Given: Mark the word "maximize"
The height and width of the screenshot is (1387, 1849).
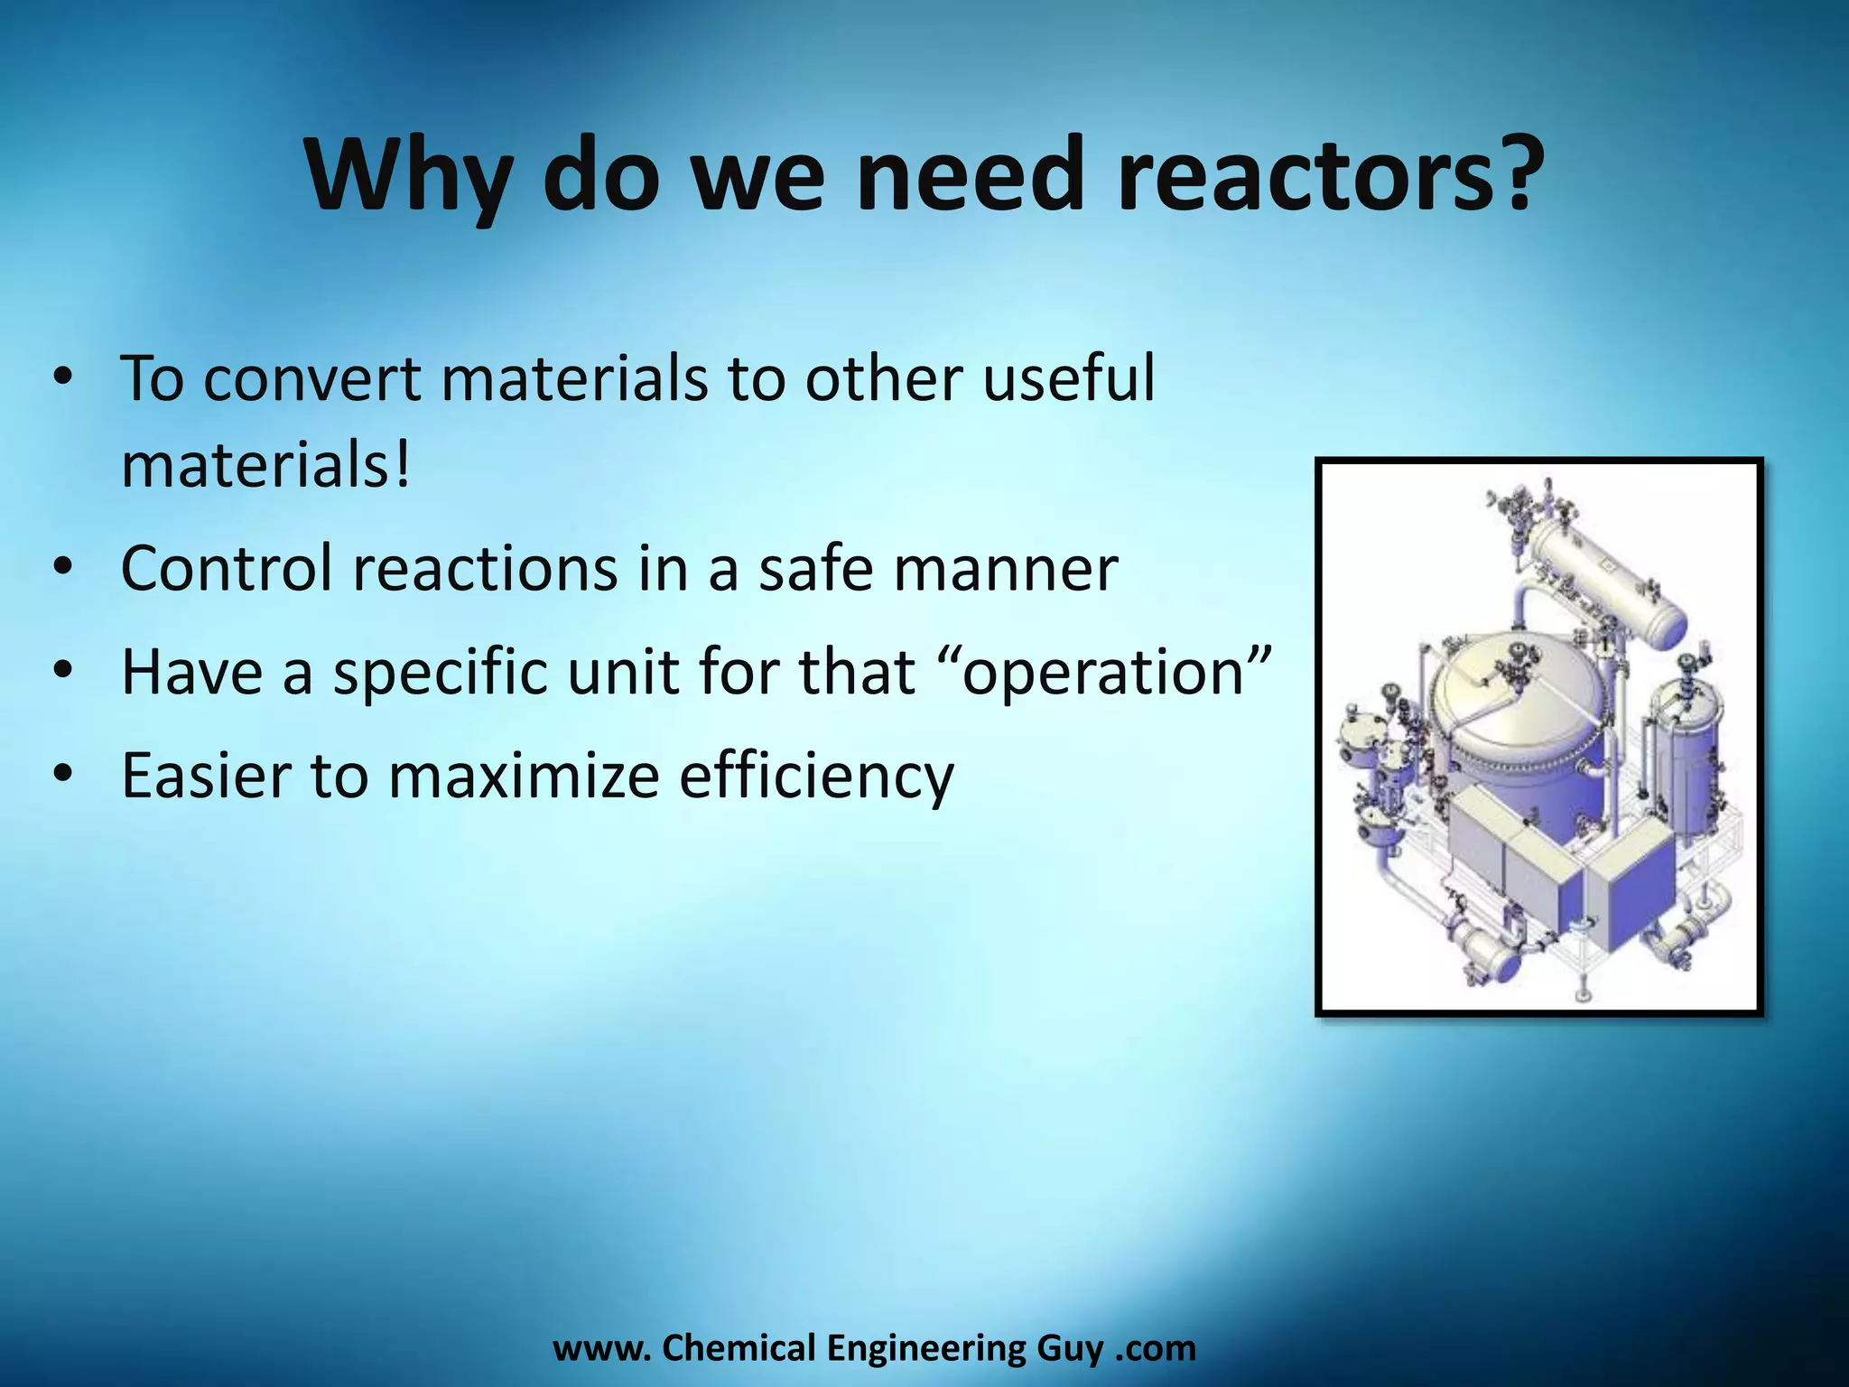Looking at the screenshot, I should click(523, 775).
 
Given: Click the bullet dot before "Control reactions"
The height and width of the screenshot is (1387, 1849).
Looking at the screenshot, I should click(61, 569).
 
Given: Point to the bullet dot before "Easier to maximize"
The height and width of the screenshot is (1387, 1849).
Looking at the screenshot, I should click(61, 775).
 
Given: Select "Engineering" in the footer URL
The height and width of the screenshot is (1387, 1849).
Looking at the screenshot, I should click(926, 1348).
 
